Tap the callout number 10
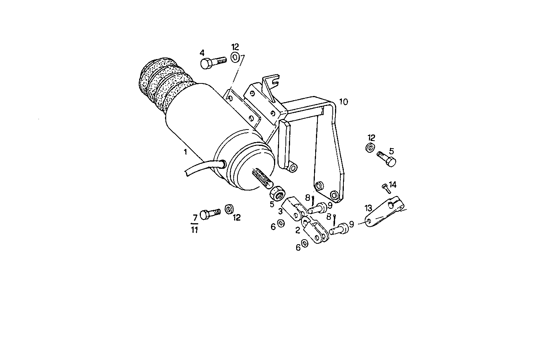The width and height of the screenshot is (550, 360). click(x=343, y=102)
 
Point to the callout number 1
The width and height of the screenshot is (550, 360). click(x=186, y=152)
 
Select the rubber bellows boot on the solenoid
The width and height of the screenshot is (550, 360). click(x=162, y=85)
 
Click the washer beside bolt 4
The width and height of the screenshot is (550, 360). click(x=235, y=58)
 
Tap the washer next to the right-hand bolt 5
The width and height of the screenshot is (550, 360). click(x=370, y=148)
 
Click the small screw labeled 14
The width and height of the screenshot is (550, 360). click(x=385, y=187)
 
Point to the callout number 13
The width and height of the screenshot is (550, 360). click(x=368, y=208)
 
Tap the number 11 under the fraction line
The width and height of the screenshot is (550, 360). click(x=195, y=230)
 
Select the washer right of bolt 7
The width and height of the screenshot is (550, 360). click(x=229, y=209)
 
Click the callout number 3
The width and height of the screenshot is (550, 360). click(x=280, y=211)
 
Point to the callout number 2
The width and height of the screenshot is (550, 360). click(x=298, y=230)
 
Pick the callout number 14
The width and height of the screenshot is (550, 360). click(x=393, y=184)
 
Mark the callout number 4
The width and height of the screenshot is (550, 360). click(x=202, y=52)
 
